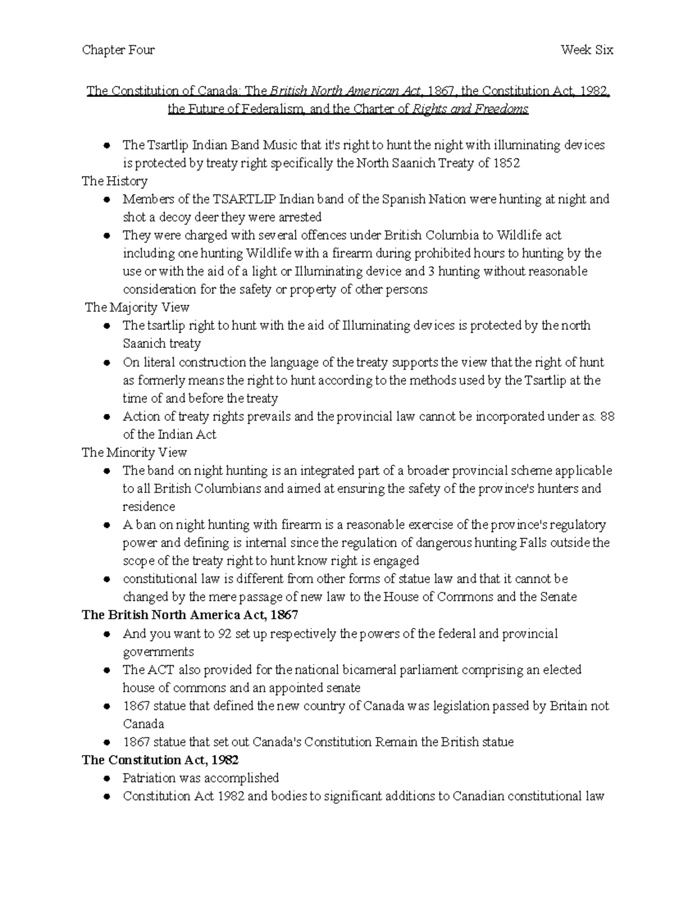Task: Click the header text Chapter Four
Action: [x=118, y=50]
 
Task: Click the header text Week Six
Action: [x=587, y=50]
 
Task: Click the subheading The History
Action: [x=114, y=181]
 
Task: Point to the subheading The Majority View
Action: [x=137, y=307]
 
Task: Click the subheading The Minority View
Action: [x=134, y=452]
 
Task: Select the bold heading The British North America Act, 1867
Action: [x=190, y=615]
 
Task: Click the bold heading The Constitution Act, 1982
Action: [x=160, y=760]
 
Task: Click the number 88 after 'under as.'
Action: [x=607, y=416]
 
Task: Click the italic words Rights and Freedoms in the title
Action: [x=470, y=109]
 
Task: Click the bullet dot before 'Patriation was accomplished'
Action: [x=107, y=778]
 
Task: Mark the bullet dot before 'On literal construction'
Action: [x=107, y=363]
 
